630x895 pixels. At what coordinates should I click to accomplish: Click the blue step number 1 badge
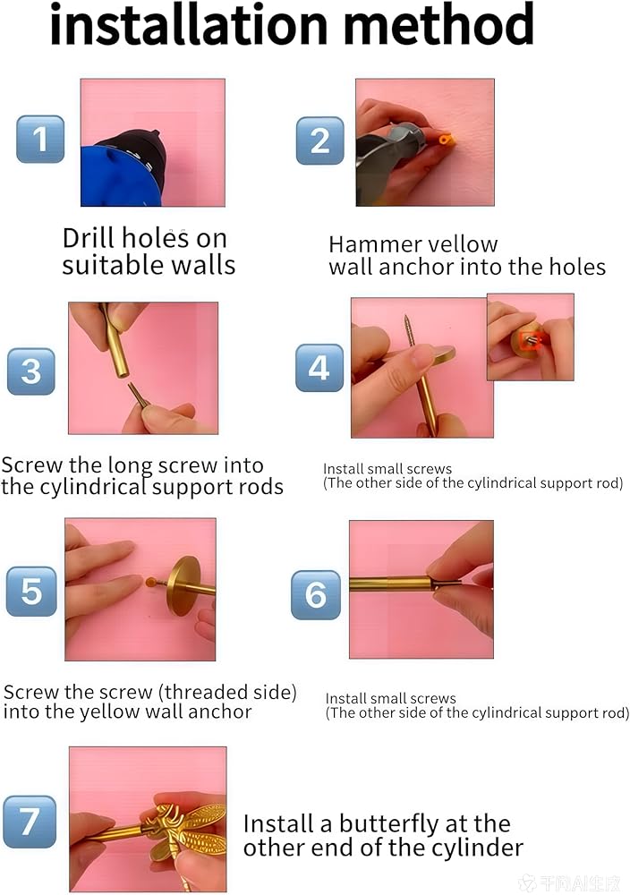[x=40, y=140]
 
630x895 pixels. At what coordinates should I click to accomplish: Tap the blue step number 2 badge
[x=320, y=141]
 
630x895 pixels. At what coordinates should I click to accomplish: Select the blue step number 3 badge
[x=31, y=371]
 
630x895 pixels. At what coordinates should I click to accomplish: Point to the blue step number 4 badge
[x=319, y=368]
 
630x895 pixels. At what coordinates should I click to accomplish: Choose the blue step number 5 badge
[x=31, y=592]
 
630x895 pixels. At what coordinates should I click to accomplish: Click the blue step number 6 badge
[x=316, y=595]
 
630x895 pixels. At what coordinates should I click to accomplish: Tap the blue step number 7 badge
[x=30, y=822]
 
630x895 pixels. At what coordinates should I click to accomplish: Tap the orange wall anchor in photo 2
[x=446, y=140]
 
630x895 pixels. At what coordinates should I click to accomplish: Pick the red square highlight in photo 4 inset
[x=530, y=339]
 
